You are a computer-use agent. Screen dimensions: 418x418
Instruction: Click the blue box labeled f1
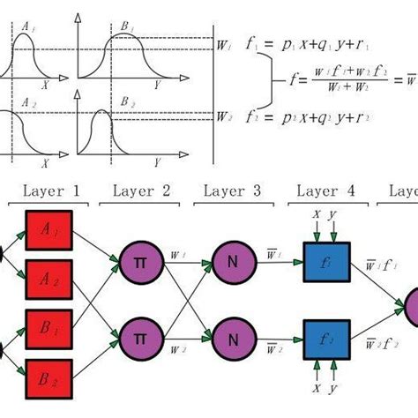click(326, 264)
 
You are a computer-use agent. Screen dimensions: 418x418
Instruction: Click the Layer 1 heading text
click(50, 190)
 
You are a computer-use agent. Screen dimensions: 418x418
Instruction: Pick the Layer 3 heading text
click(231, 190)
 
